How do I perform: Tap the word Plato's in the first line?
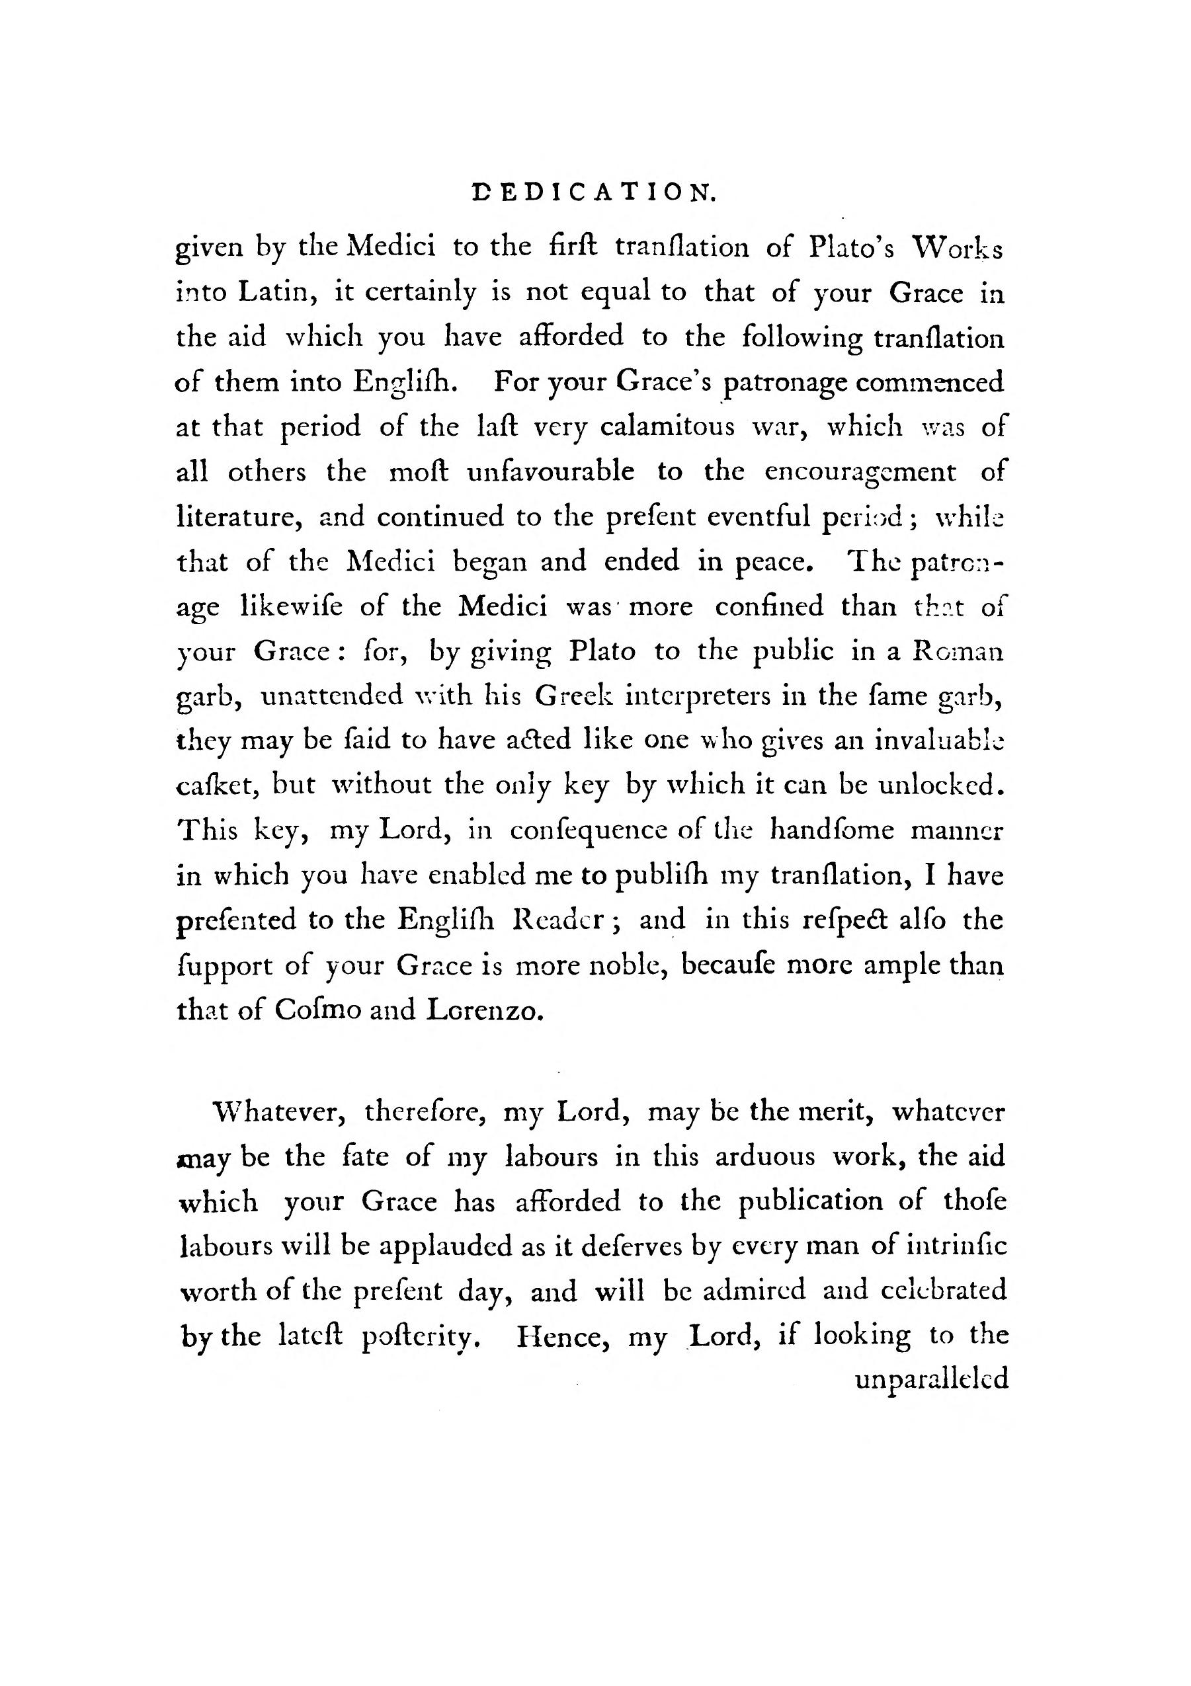tap(851, 248)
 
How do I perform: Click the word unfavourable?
tap(550, 471)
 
